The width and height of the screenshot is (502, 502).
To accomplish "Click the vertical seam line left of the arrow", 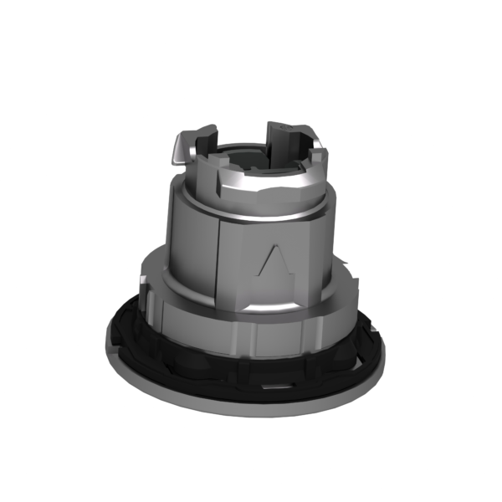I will tap(219, 251).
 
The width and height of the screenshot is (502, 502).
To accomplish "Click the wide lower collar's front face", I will tap(251, 335).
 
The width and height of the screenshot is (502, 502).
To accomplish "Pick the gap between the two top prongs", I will tap(248, 134).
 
